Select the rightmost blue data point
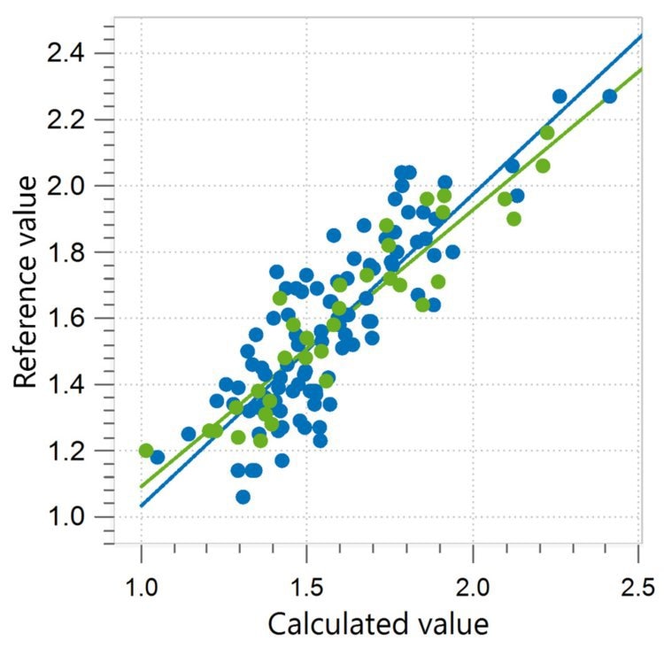tap(609, 97)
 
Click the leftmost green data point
tap(146, 451)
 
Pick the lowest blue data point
tap(243, 497)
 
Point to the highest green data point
tap(547, 133)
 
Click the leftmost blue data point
tap(158, 457)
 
